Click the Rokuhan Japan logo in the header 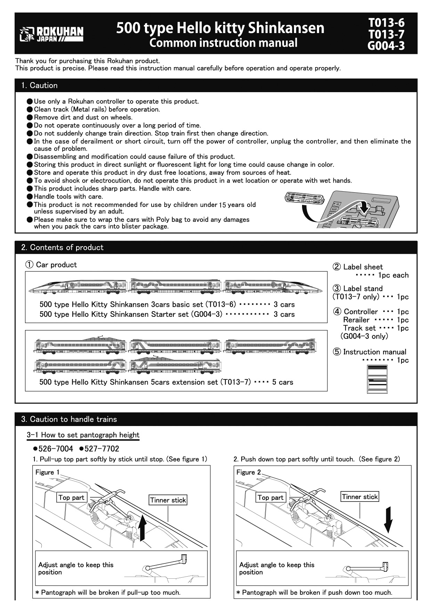tap(51, 34)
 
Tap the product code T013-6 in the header tap(387, 23)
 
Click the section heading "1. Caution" tap(39, 85)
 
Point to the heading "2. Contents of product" tap(62, 247)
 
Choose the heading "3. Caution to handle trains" tap(69, 419)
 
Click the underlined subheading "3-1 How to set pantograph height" tap(83, 435)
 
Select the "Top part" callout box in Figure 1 tap(71, 498)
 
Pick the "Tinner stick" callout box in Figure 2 tap(360, 497)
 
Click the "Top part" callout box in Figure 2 tap(270, 498)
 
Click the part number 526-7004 tap(53, 449)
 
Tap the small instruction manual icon tap(377, 379)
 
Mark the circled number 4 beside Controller tap(337, 312)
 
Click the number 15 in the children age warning tap(222, 205)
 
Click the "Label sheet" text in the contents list tap(363, 267)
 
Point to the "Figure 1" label tap(48, 472)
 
